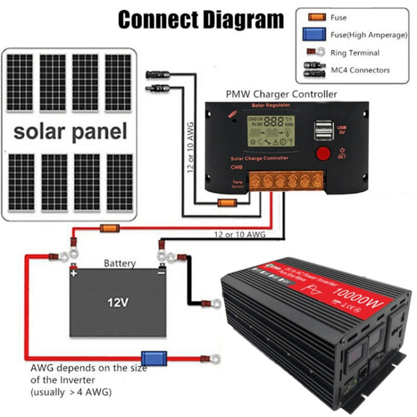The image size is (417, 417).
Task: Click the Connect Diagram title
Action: [x=201, y=19]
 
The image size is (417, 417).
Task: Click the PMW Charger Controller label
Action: [x=281, y=94]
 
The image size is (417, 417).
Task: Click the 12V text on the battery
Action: [x=118, y=303]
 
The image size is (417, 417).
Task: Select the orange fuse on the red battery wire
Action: [x=108, y=228]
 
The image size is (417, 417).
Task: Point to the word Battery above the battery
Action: [x=120, y=264]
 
